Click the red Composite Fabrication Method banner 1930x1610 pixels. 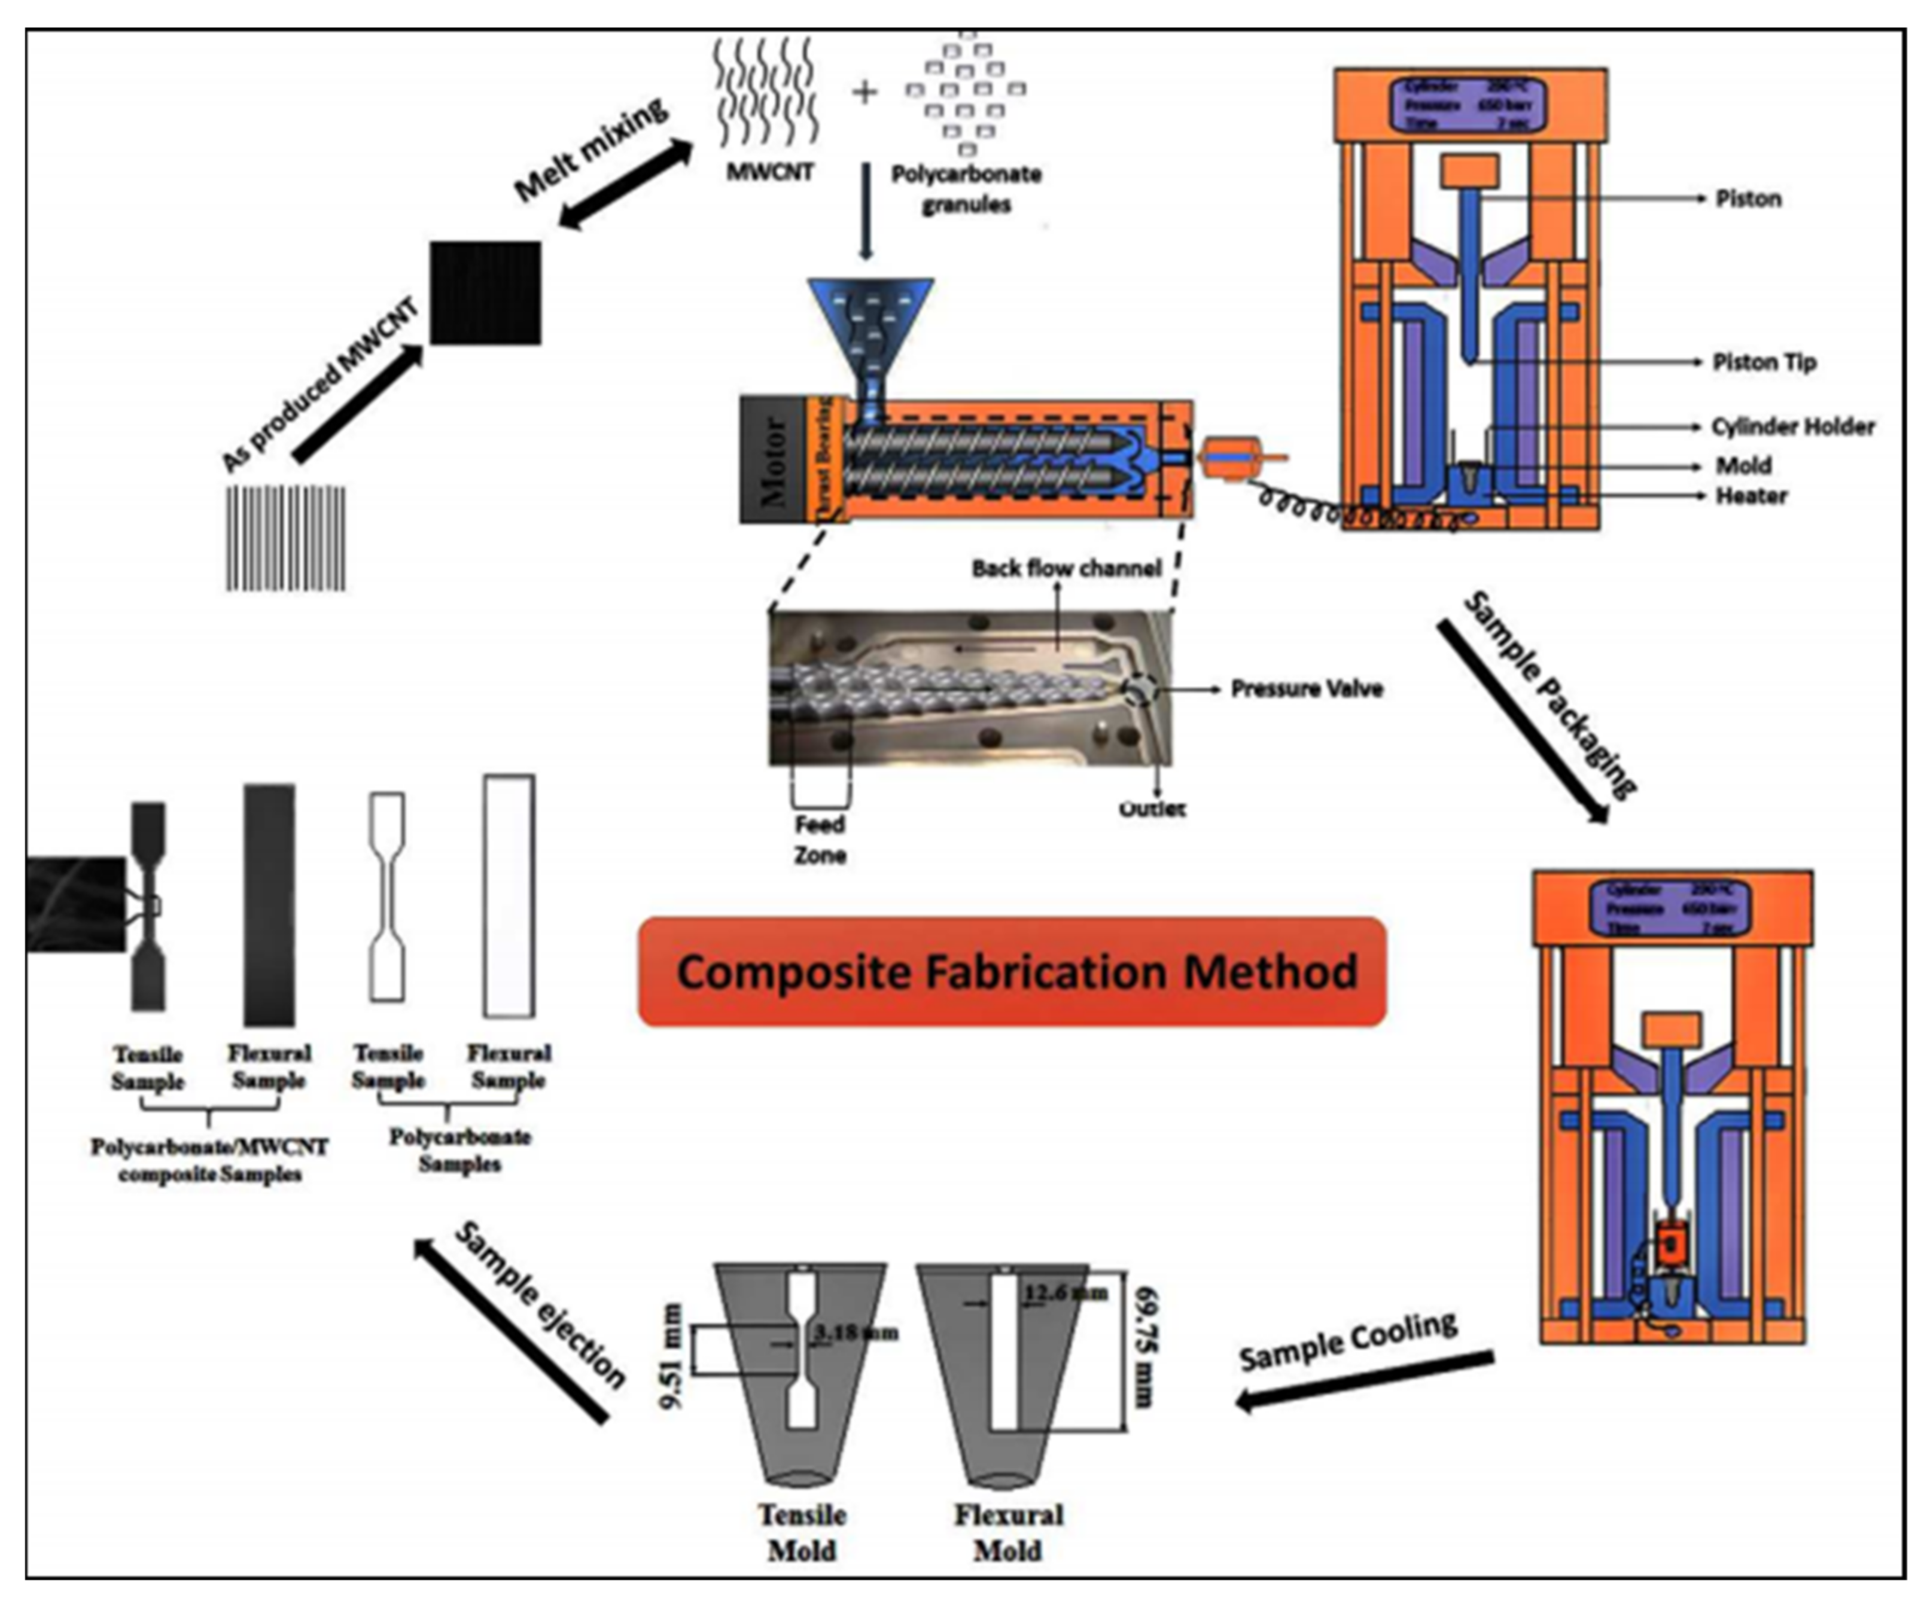(1012, 971)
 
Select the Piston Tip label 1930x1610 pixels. (1764, 362)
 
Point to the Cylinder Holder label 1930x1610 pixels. (1792, 426)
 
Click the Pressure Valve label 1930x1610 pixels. (1306, 688)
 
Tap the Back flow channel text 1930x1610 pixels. (1066, 568)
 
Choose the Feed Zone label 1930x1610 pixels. (820, 839)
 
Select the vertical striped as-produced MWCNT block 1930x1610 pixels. (286, 538)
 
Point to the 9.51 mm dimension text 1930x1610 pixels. (672, 1355)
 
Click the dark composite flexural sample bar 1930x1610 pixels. (269, 904)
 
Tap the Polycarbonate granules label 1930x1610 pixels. (966, 188)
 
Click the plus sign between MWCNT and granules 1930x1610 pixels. (864, 92)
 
